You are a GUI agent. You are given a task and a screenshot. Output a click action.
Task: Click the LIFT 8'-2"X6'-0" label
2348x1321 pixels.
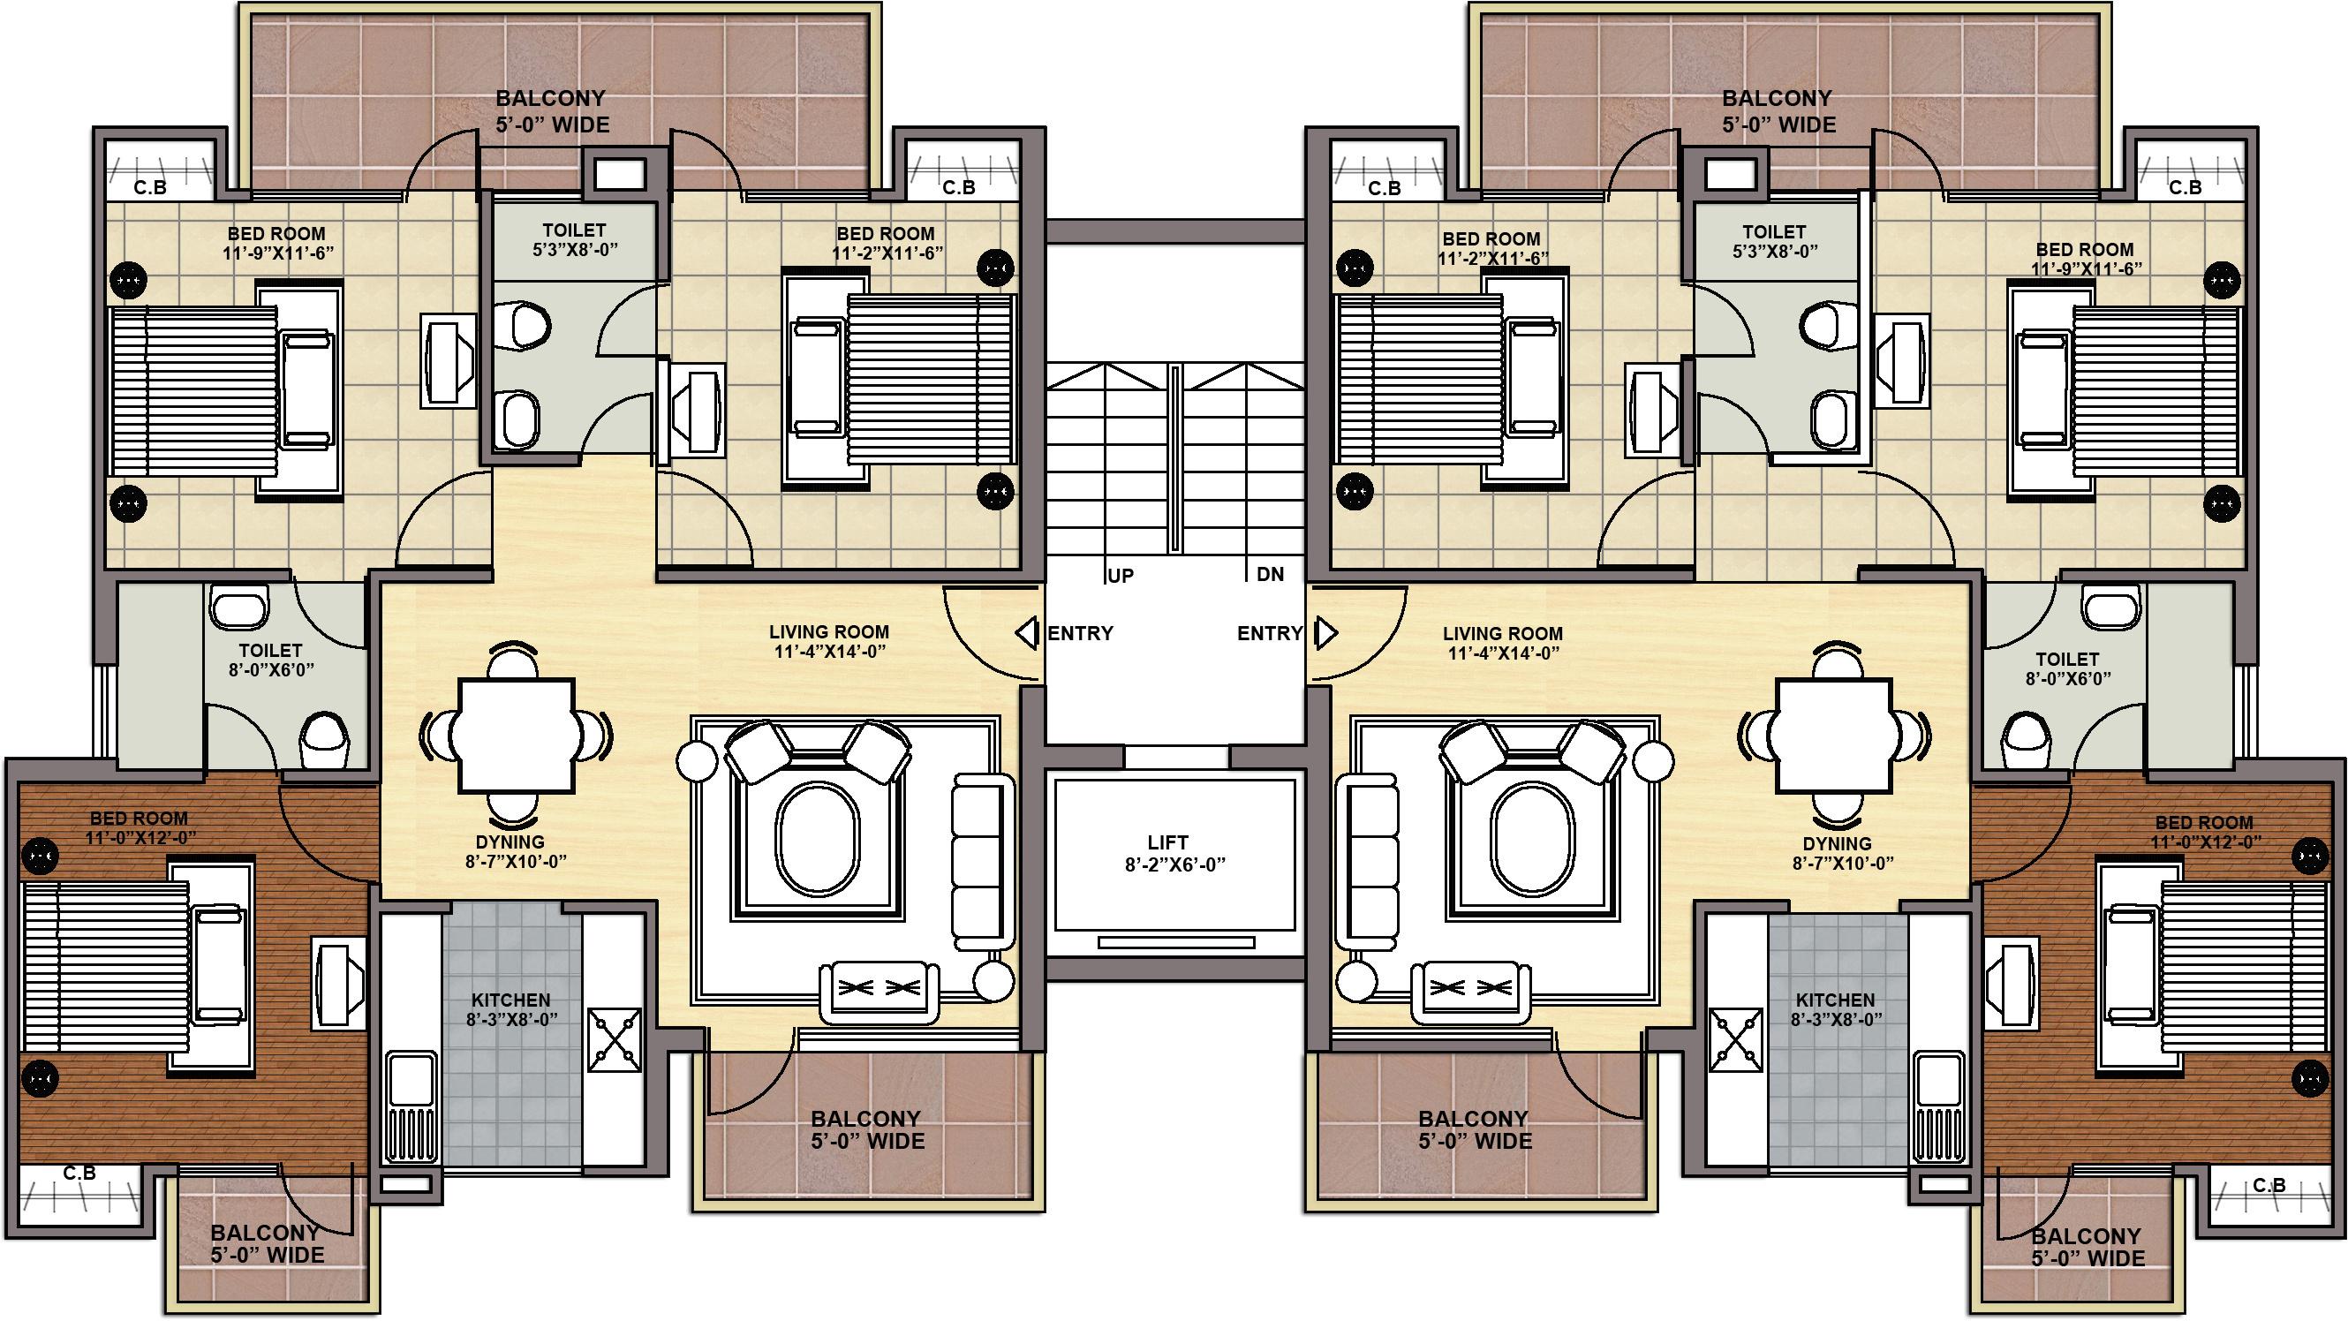click(1174, 853)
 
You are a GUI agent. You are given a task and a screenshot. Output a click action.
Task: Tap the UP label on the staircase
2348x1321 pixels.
click(1121, 576)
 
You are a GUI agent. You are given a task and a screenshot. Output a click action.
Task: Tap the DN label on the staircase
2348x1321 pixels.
click(1270, 574)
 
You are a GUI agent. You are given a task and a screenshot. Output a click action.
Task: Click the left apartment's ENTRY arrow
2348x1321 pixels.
click(1027, 633)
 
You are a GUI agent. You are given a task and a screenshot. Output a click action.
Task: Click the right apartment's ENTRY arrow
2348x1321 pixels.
click(1325, 633)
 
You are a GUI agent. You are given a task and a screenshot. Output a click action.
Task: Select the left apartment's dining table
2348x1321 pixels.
click(516, 735)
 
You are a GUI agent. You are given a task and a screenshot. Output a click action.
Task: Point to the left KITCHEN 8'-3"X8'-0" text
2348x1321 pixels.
click(511, 1010)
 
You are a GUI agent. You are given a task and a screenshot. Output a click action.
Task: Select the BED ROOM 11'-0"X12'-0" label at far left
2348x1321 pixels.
click(139, 827)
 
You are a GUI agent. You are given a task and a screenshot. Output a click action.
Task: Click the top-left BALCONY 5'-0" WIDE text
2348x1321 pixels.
click(551, 111)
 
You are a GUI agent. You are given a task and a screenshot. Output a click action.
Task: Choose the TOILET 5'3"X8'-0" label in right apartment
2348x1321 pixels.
click(1774, 241)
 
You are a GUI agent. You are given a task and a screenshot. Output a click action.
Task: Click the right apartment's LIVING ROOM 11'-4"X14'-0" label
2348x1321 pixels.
click(1502, 643)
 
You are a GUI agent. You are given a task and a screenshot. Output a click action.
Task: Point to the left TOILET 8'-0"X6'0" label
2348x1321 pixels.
click(270, 660)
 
